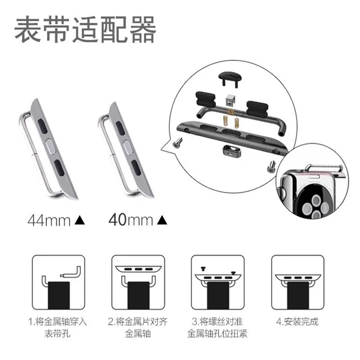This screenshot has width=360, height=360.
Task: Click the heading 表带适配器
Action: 85,30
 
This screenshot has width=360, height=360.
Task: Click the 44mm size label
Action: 49,221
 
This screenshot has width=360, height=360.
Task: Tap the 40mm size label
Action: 131,220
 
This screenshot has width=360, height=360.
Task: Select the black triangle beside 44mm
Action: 80,220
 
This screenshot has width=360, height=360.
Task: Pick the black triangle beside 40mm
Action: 162,220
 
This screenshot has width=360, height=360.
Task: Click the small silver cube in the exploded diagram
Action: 230,100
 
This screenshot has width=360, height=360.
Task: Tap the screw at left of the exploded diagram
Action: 177,142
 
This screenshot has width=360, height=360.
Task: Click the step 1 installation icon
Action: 59,282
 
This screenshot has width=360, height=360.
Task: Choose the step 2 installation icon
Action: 138,282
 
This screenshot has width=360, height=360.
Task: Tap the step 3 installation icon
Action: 218,282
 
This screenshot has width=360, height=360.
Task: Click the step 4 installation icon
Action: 298,282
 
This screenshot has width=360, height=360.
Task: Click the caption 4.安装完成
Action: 298,322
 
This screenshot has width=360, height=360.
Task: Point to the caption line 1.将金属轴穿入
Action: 58,322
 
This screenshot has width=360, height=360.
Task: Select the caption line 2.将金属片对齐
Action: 138,322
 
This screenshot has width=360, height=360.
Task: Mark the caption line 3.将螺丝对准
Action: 217,322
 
